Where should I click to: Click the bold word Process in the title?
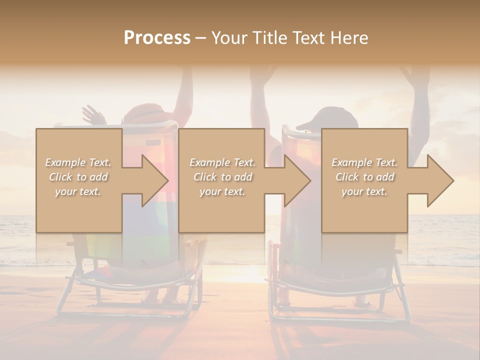click(x=157, y=38)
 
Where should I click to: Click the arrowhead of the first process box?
click(x=154, y=180)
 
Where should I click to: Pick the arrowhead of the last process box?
click(x=440, y=180)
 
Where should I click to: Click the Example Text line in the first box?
click(x=78, y=162)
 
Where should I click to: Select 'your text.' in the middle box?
click(x=222, y=191)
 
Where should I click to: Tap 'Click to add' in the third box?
click(x=364, y=177)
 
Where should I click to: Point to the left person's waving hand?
click(x=93, y=115)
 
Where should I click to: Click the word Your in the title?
click(x=228, y=38)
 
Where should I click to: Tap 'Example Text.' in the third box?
click(x=364, y=162)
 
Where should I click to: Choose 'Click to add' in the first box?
click(x=78, y=177)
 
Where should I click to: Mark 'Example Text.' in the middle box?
click(x=222, y=162)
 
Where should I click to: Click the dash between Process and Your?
click(x=201, y=38)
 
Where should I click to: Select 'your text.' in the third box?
click(x=364, y=191)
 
